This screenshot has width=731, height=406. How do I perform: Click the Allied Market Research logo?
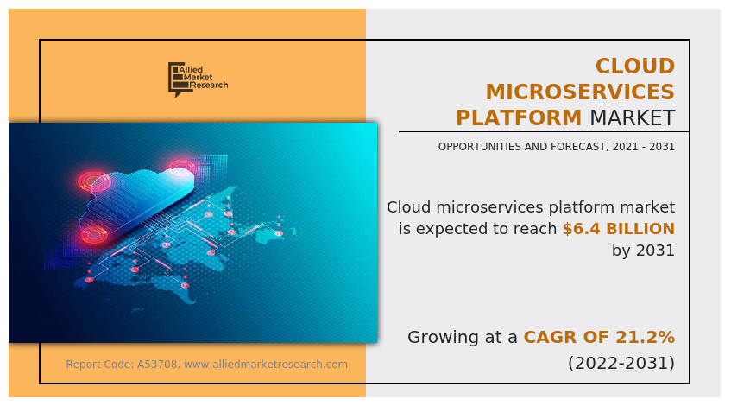pos(198,79)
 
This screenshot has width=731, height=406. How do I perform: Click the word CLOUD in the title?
pos(635,67)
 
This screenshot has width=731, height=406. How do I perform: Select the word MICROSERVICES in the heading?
pos(580,92)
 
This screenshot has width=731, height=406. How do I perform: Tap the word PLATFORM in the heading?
pos(519,117)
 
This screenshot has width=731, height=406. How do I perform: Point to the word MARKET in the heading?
pos(632,117)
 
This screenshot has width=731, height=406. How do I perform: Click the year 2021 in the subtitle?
pos(624,147)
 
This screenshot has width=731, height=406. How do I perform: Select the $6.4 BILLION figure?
pos(619,229)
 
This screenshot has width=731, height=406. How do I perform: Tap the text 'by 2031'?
pos(643,251)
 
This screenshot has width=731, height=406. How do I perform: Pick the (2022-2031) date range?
pos(621,363)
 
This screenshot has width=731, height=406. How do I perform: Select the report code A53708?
pos(157,365)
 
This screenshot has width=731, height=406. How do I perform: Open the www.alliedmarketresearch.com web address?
pos(266,365)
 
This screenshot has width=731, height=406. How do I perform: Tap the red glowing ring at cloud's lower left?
pos(94,235)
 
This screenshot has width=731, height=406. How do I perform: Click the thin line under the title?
pos(544,132)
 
